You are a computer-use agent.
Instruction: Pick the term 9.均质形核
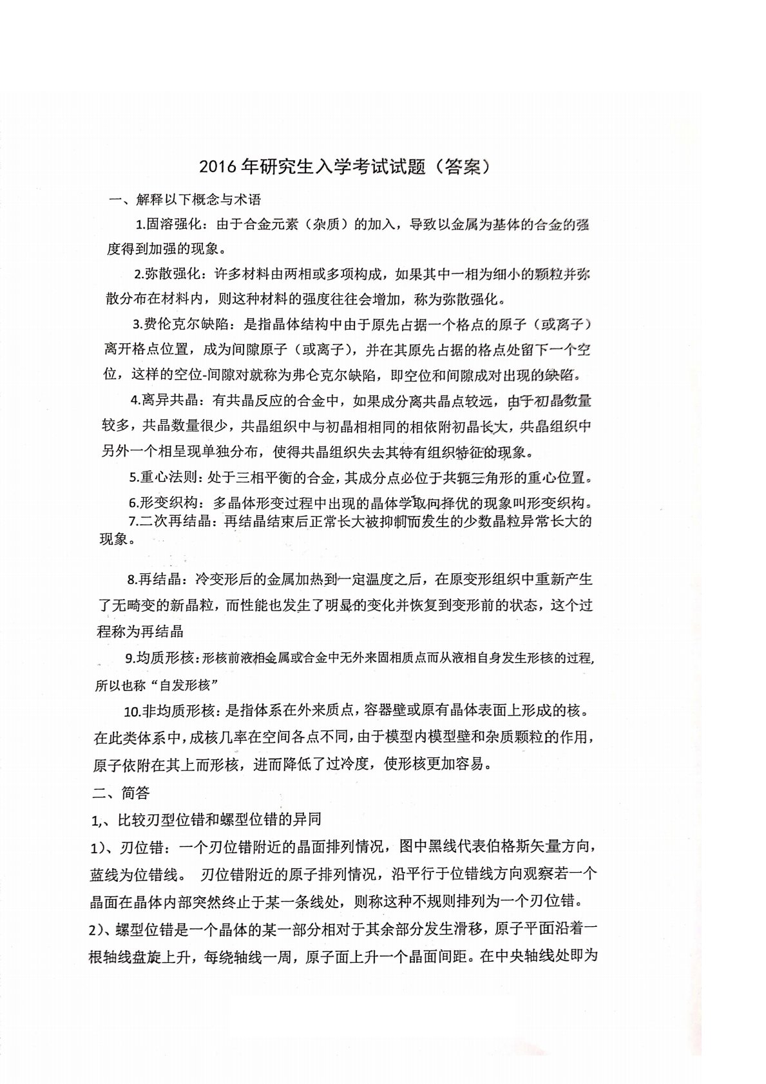(x=158, y=658)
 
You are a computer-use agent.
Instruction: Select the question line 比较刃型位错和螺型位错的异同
(x=218, y=820)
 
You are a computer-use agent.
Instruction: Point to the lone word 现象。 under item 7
(x=117, y=539)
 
